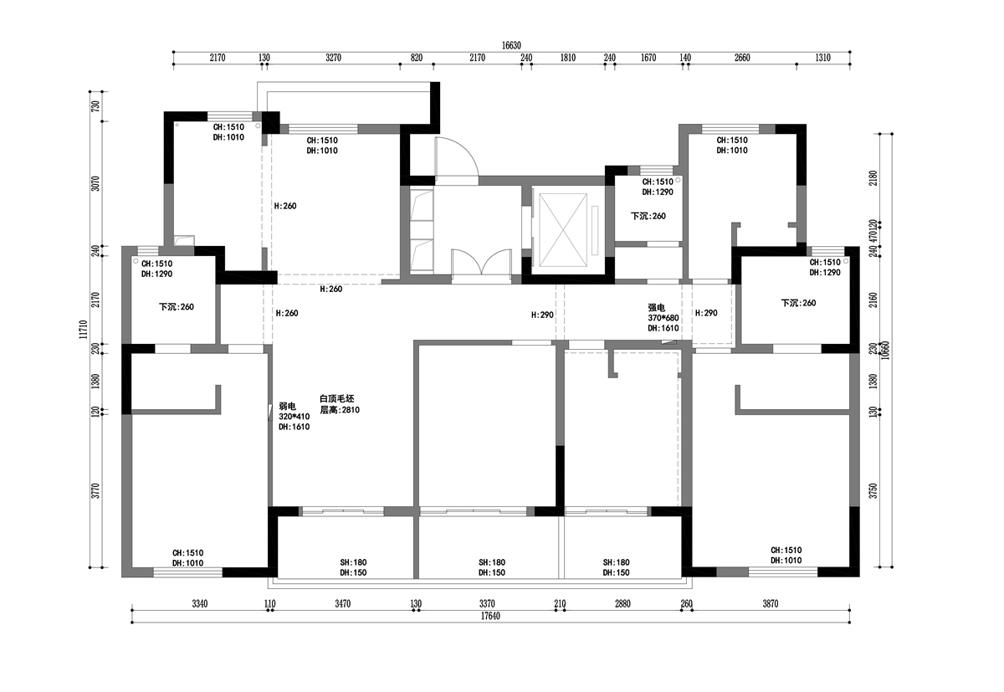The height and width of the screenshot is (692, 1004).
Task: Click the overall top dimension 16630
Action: (511, 45)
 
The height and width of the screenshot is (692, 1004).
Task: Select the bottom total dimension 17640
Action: (490, 616)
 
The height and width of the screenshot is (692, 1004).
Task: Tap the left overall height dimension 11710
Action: (83, 330)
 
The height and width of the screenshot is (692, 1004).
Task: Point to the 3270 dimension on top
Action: (333, 58)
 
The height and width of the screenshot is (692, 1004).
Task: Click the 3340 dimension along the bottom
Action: (199, 603)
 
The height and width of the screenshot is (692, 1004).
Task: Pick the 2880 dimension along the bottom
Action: (622, 603)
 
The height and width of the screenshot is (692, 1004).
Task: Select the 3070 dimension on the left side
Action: (95, 183)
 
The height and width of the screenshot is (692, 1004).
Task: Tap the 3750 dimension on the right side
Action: (873, 491)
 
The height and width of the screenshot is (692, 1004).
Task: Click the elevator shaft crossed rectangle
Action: (562, 230)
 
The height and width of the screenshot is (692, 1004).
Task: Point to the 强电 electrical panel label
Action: (656, 307)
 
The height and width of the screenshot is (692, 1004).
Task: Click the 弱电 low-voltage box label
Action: (287, 407)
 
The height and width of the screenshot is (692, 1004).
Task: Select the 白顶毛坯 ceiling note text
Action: (337, 398)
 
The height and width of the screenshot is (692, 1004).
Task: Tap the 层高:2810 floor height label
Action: (340, 410)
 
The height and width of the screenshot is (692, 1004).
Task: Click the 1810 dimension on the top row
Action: (567, 58)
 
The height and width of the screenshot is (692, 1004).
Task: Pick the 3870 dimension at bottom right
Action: (771, 603)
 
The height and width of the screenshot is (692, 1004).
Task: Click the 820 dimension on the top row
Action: (417, 58)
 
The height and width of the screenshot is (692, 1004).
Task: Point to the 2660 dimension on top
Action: (742, 58)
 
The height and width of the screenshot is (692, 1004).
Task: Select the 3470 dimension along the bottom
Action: (342, 603)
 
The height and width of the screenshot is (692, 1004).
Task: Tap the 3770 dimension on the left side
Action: (95, 491)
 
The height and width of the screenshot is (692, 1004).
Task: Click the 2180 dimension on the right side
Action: (873, 178)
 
